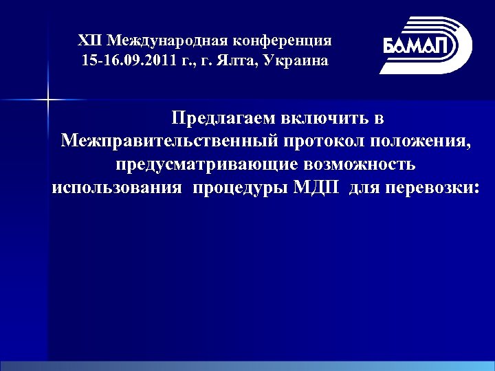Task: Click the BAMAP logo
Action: click(426, 45)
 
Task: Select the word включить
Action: click(335, 117)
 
